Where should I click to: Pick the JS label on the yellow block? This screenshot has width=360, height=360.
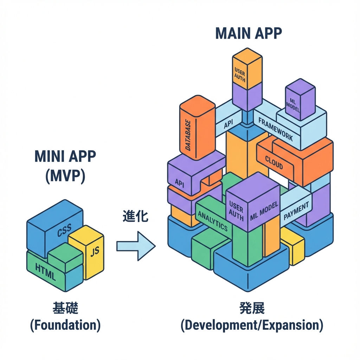tap(94, 252)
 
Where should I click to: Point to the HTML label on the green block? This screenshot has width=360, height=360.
tap(45, 272)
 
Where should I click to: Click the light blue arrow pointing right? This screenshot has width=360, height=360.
tap(136, 246)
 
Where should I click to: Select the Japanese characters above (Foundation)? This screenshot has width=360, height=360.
tap(65, 309)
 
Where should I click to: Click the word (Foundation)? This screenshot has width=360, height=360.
tap(65, 326)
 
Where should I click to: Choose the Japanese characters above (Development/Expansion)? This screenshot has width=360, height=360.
tap(252, 309)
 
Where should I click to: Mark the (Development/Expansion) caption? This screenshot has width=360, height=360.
tap(252, 326)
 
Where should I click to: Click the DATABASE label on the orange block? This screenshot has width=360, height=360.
tap(188, 135)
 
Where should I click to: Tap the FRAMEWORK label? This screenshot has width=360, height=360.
tap(275, 129)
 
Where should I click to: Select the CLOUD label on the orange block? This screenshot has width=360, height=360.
tap(274, 162)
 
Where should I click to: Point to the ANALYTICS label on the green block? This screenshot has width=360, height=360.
tap(213, 221)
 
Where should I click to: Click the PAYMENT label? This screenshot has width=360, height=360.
tap(296, 211)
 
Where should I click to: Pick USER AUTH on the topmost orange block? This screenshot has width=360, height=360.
tap(240, 73)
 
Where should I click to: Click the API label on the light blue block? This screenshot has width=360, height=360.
tap(228, 124)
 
